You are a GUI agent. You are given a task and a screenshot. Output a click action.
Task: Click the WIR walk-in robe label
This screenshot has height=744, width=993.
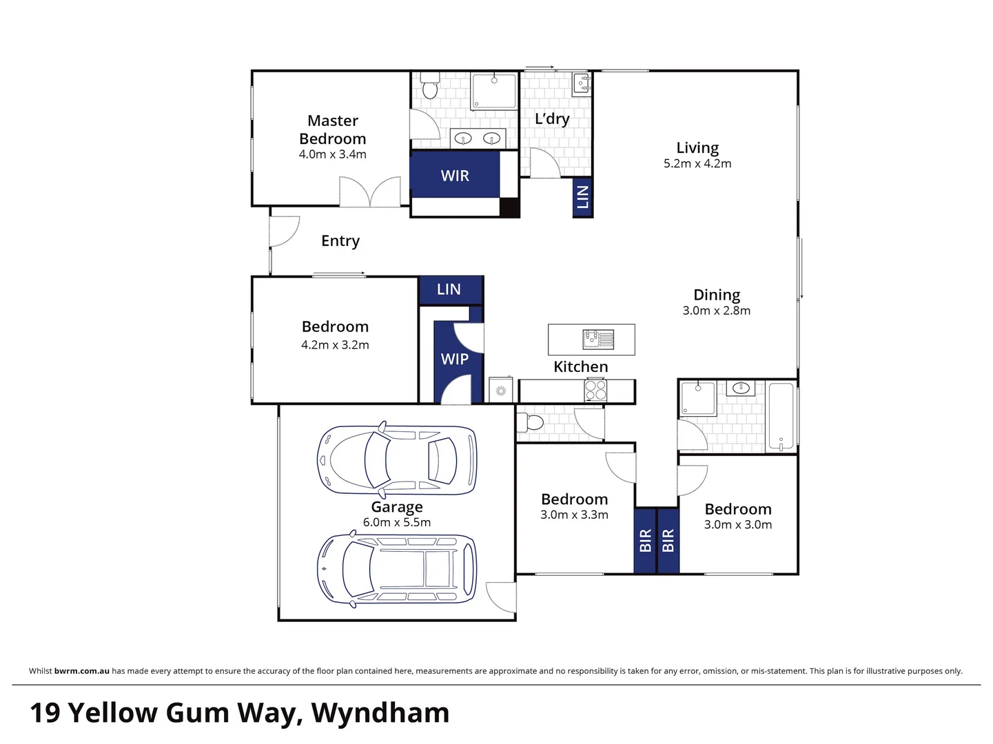455,176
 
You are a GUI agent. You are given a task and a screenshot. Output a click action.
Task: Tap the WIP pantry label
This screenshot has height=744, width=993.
454,358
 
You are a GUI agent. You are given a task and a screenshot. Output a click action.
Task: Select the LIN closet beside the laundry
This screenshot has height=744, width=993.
582,197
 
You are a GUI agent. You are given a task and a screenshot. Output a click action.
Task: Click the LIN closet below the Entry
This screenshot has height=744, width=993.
449,289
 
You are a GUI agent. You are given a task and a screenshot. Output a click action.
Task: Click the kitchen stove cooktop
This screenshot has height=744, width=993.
595,391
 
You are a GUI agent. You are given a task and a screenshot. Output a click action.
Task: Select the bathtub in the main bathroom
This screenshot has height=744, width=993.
781,416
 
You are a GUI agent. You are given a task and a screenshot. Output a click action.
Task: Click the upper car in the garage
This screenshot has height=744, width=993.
397,459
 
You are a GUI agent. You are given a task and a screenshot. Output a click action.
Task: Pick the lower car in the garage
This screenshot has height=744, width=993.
397,570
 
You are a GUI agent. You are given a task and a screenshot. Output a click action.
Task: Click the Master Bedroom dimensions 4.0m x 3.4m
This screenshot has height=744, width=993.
333,154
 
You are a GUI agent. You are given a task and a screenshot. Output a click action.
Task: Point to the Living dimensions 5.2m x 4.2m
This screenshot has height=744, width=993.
697,163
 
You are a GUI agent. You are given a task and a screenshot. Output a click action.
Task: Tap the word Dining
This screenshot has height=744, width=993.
717,295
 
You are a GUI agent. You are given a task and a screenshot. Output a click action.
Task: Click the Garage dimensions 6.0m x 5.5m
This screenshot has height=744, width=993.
397,522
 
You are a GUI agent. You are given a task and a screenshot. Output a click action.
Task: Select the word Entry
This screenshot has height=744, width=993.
340,240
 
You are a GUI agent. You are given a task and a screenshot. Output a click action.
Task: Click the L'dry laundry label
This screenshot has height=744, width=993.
552,118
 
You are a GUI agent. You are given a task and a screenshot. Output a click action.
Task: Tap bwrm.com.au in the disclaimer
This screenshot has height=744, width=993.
82,671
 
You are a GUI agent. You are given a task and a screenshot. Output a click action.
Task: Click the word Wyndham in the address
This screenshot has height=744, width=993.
380,712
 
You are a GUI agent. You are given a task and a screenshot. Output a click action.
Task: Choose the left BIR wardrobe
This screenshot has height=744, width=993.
645,540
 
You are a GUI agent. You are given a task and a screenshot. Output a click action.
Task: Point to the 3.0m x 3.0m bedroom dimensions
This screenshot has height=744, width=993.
738,524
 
